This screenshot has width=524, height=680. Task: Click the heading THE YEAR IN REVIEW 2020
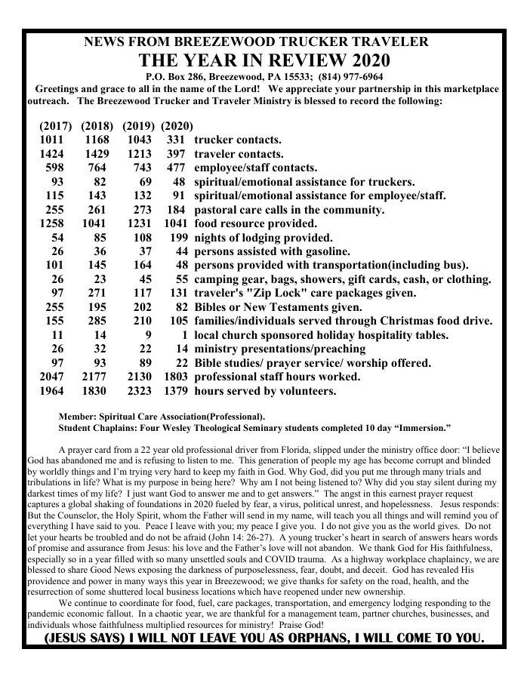click(262, 61)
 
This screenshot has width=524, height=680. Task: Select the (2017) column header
click(55, 126)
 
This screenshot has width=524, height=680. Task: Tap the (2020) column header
click(177, 126)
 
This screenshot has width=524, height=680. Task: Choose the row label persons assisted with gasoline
click(272, 252)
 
